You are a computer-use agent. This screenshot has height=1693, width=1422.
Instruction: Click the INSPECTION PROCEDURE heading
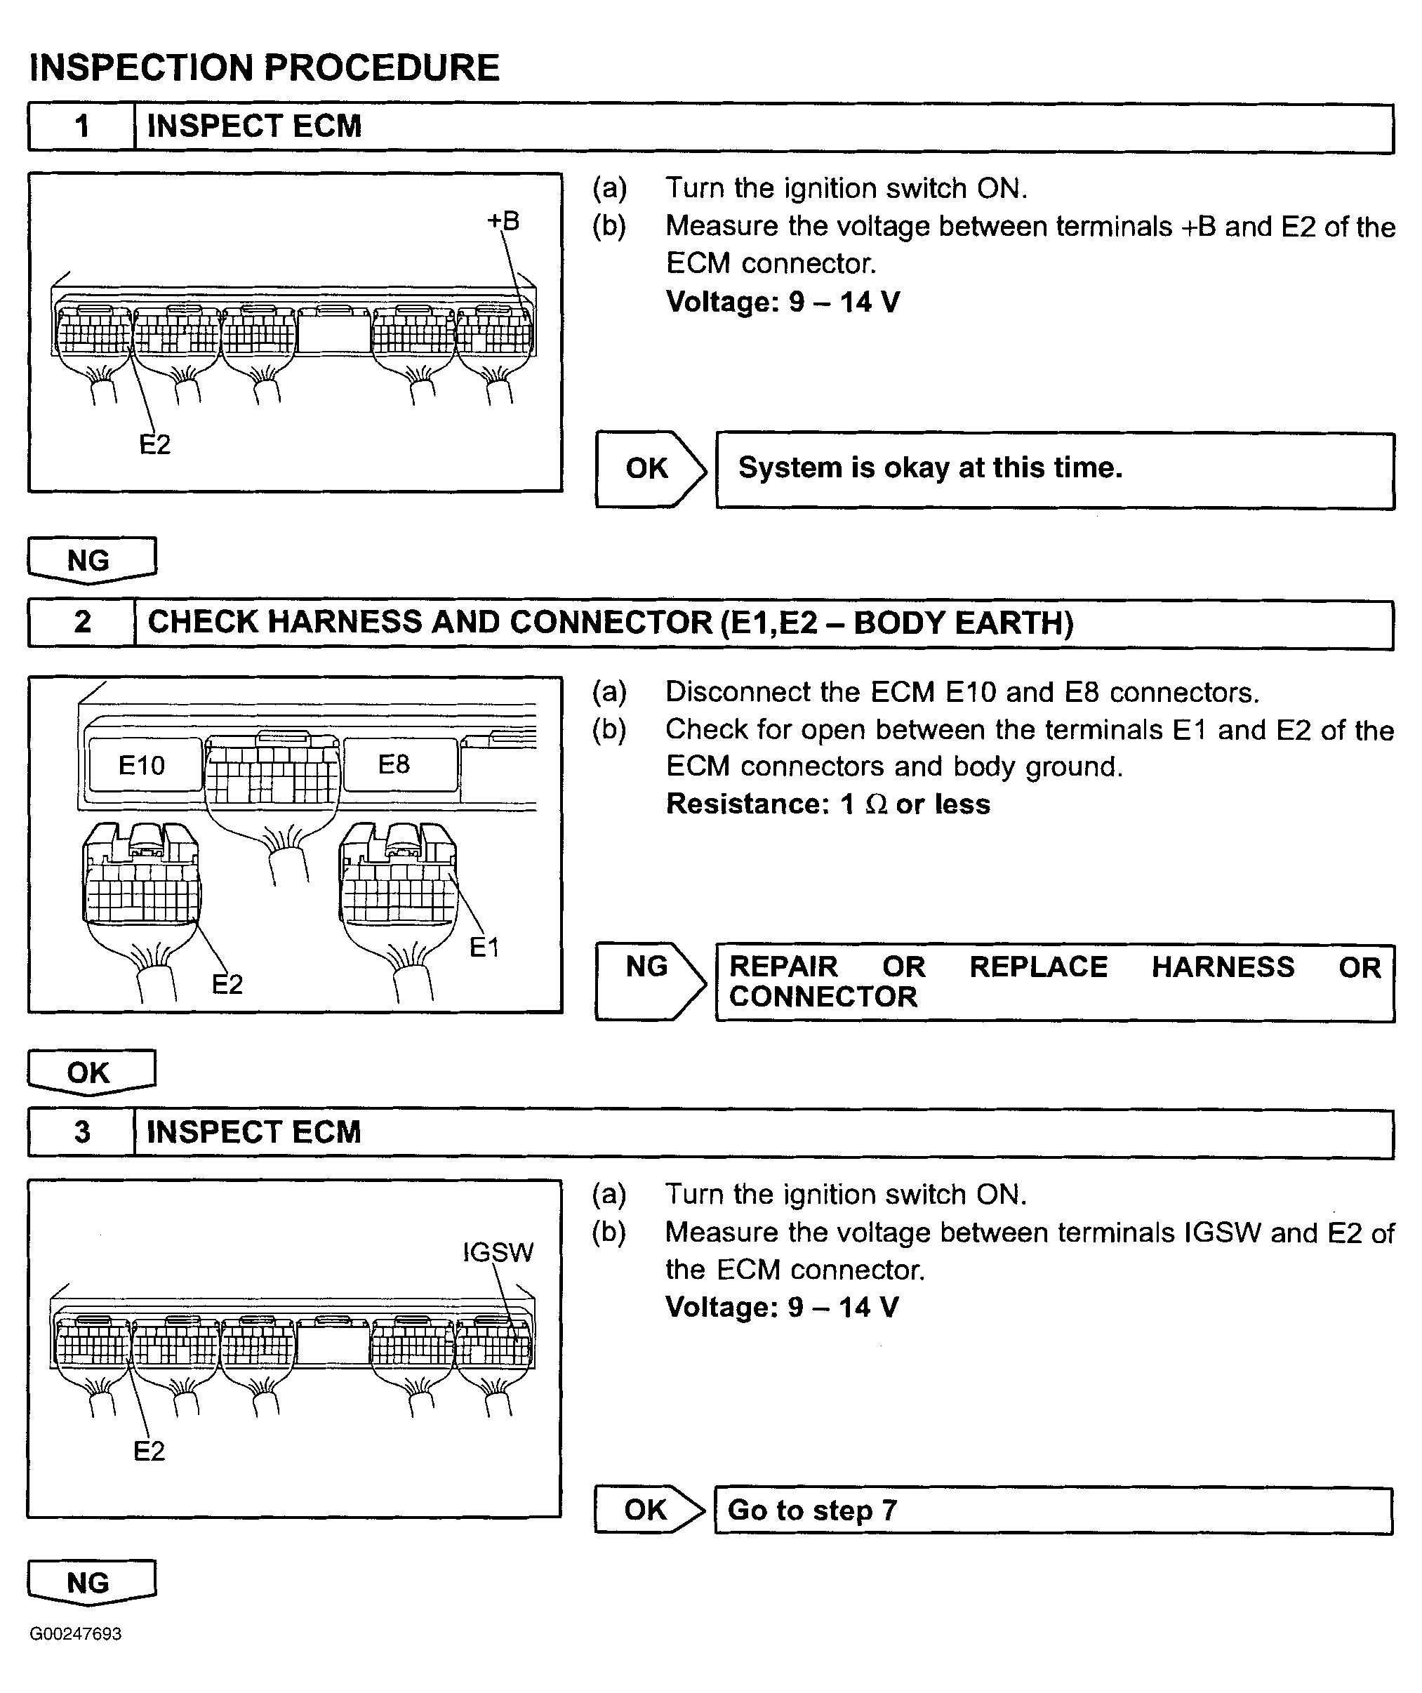265,67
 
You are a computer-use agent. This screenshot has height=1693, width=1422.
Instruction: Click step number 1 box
81,127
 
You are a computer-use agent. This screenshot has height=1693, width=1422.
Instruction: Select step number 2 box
81,623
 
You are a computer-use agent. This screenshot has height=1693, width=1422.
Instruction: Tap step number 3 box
81,1132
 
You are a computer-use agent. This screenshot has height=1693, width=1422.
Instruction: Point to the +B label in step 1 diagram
504,220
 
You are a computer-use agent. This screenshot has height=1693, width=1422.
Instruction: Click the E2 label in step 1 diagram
155,444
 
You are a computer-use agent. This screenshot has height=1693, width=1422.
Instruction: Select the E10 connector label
142,764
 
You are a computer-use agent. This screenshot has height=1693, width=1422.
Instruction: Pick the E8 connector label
394,764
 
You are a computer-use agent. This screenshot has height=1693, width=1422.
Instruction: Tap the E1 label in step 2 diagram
484,948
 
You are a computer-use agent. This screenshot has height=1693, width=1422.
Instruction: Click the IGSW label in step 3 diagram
498,1252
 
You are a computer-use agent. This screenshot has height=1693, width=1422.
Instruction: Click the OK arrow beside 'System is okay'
649,468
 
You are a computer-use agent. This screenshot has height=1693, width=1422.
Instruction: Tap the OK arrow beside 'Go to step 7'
647,1510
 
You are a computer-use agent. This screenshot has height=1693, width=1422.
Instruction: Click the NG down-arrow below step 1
91,559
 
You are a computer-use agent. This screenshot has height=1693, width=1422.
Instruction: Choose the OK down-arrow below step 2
91,1073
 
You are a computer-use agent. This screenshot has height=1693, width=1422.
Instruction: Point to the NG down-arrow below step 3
91,1583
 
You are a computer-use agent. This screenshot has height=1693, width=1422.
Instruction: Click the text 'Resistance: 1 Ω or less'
828,804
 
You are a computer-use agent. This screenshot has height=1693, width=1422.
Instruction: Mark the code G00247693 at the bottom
76,1634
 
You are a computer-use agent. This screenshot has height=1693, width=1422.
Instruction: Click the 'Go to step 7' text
812,1510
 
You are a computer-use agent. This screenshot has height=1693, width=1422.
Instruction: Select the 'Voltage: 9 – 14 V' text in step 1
783,303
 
